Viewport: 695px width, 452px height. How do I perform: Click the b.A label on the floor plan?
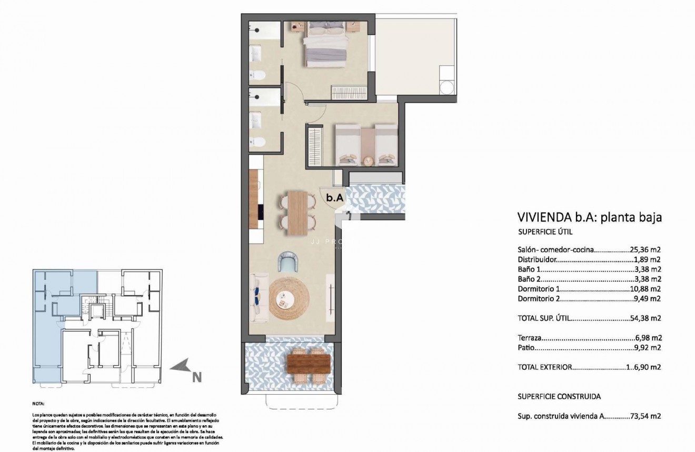(x=335, y=198)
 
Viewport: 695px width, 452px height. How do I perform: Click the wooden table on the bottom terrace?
(x=309, y=363)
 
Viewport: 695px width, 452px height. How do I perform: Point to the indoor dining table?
(x=298, y=211)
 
